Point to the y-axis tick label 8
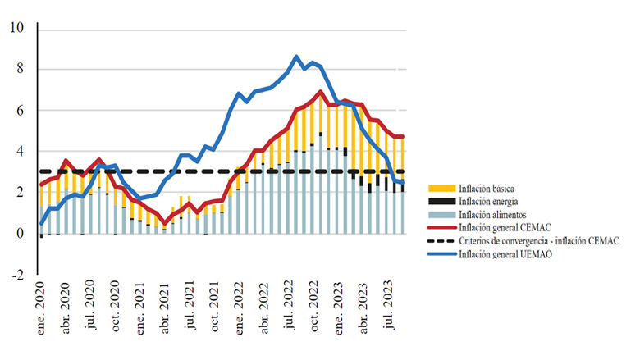[x=21, y=69]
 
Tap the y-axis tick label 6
[x=21, y=110]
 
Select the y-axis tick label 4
[x=21, y=151]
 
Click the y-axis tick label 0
[x=21, y=233]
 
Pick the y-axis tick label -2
[x=17, y=275]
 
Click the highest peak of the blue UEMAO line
[x=296, y=57]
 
